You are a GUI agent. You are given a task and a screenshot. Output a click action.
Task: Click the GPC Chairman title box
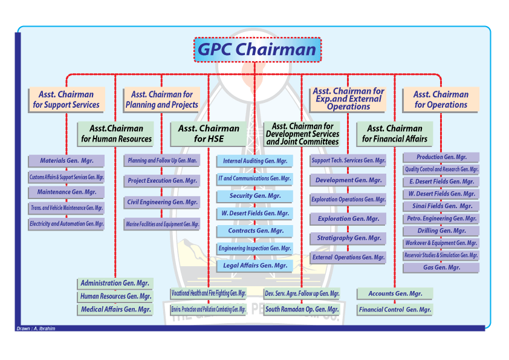[x=258, y=50]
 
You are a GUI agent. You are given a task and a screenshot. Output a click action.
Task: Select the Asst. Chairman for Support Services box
[x=66, y=100]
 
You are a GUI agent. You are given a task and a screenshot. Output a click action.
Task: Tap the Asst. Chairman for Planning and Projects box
[x=161, y=100]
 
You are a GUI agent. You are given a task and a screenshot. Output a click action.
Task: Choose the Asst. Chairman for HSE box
[x=209, y=134]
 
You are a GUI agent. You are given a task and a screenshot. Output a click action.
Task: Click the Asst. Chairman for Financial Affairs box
[x=395, y=134]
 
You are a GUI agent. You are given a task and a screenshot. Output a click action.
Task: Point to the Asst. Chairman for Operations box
[x=441, y=100]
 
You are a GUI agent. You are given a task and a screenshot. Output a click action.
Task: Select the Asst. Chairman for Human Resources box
[x=115, y=134]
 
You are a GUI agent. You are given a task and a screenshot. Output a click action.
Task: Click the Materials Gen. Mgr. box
[x=66, y=161]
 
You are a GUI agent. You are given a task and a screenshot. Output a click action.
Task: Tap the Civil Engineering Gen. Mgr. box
[x=161, y=202]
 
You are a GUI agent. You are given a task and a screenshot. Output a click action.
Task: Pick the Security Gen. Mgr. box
[x=254, y=196]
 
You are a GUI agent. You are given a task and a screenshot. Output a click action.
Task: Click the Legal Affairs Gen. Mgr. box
[x=254, y=266]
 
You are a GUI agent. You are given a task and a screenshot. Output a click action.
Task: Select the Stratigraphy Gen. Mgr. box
[x=348, y=238]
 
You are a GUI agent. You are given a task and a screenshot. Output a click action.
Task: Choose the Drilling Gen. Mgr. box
[x=441, y=231]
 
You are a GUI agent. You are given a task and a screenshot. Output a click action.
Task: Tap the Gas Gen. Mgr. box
[x=441, y=267]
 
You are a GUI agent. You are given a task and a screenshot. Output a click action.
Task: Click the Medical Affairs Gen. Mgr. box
[x=115, y=310]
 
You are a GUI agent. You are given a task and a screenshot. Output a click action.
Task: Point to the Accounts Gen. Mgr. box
[x=395, y=293]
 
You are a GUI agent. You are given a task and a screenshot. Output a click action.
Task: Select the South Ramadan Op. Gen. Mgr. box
[x=302, y=309]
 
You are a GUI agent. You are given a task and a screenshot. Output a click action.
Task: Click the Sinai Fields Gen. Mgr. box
[x=441, y=206]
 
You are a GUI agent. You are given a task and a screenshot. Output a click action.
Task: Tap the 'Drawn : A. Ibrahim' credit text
[x=35, y=329]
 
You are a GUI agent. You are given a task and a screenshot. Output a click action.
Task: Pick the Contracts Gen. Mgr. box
[x=254, y=231]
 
